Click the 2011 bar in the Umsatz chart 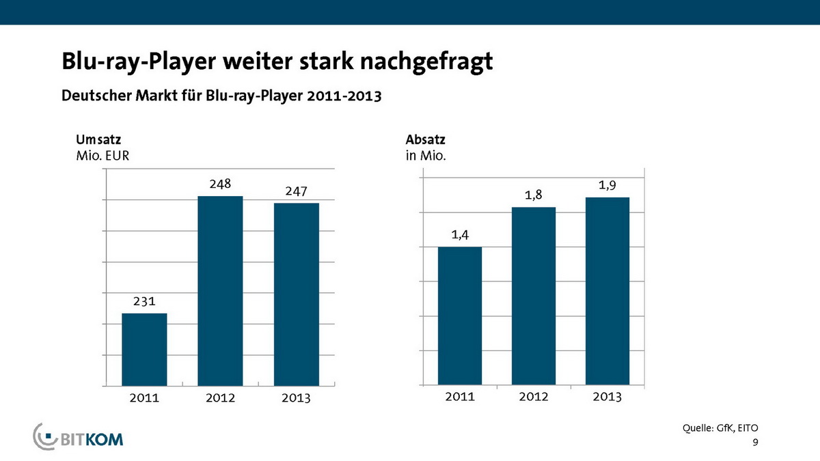[x=144, y=349]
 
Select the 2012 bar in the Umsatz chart [x=220, y=290]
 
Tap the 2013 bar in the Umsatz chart [x=297, y=294]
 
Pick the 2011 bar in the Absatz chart [x=459, y=316]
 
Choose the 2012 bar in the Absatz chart [x=533, y=296]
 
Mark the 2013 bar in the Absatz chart [x=607, y=291]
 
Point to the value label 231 [x=144, y=301]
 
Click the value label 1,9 [x=607, y=184]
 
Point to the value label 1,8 [x=533, y=195]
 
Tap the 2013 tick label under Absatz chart [x=607, y=397]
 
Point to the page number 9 [x=755, y=443]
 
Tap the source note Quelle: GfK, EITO [x=721, y=428]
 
